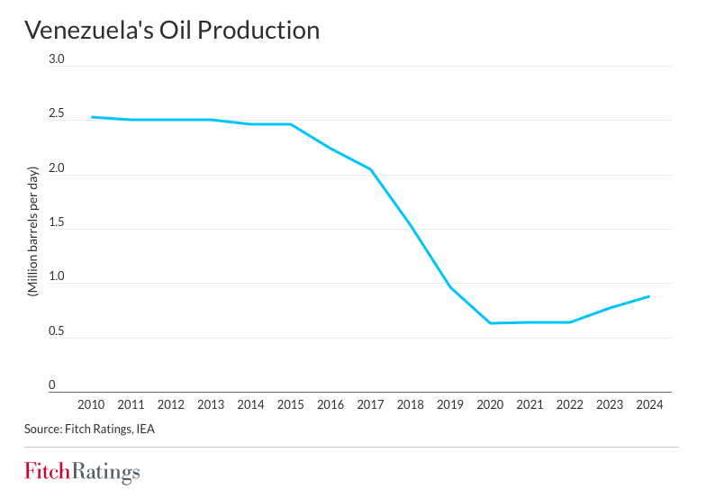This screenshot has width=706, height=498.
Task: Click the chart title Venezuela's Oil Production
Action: [172, 30]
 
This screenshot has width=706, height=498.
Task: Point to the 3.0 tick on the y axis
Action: [57, 59]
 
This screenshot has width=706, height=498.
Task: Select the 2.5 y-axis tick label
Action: [57, 113]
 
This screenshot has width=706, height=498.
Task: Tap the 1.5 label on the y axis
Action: [57, 222]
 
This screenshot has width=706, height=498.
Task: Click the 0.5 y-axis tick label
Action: [57, 331]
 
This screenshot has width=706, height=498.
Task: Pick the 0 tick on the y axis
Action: [52, 385]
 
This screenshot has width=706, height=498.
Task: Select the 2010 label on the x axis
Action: [92, 404]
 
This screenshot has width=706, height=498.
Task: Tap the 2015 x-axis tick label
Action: [290, 404]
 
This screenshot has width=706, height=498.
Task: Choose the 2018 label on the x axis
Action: [410, 404]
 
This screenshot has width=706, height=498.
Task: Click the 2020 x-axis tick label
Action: [489, 404]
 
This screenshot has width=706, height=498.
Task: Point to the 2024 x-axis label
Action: [648, 404]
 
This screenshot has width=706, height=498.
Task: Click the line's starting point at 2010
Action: [92, 117]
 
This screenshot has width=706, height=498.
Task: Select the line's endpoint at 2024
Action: [648, 296]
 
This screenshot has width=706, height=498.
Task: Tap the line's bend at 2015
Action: [290, 124]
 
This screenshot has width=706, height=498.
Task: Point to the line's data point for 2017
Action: [370, 169]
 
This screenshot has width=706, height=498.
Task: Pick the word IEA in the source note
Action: [144, 429]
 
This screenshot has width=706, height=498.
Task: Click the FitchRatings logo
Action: [82, 472]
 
